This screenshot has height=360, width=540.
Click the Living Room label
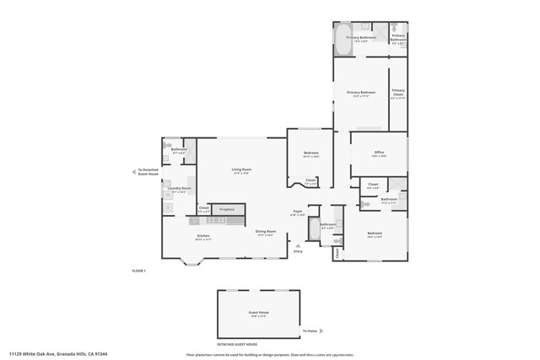click(x=242, y=169)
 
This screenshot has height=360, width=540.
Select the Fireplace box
click(x=227, y=209)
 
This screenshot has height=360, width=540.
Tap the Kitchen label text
click(x=203, y=236)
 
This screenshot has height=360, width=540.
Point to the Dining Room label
click(x=265, y=232)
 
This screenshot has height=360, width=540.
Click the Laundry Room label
click(x=180, y=189)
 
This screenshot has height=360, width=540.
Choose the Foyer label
click(x=297, y=212)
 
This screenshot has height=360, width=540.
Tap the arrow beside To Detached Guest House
click(x=133, y=171)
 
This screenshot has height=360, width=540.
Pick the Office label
click(x=379, y=153)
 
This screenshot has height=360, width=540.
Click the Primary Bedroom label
click(x=360, y=93)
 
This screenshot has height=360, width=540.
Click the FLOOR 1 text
click(x=139, y=271)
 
